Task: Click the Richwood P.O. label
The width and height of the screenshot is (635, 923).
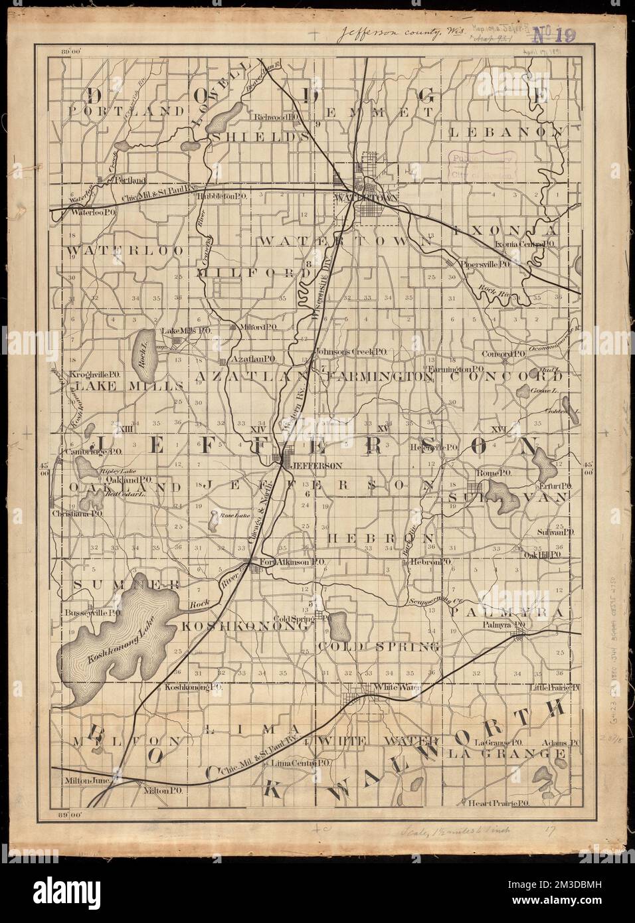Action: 281,117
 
